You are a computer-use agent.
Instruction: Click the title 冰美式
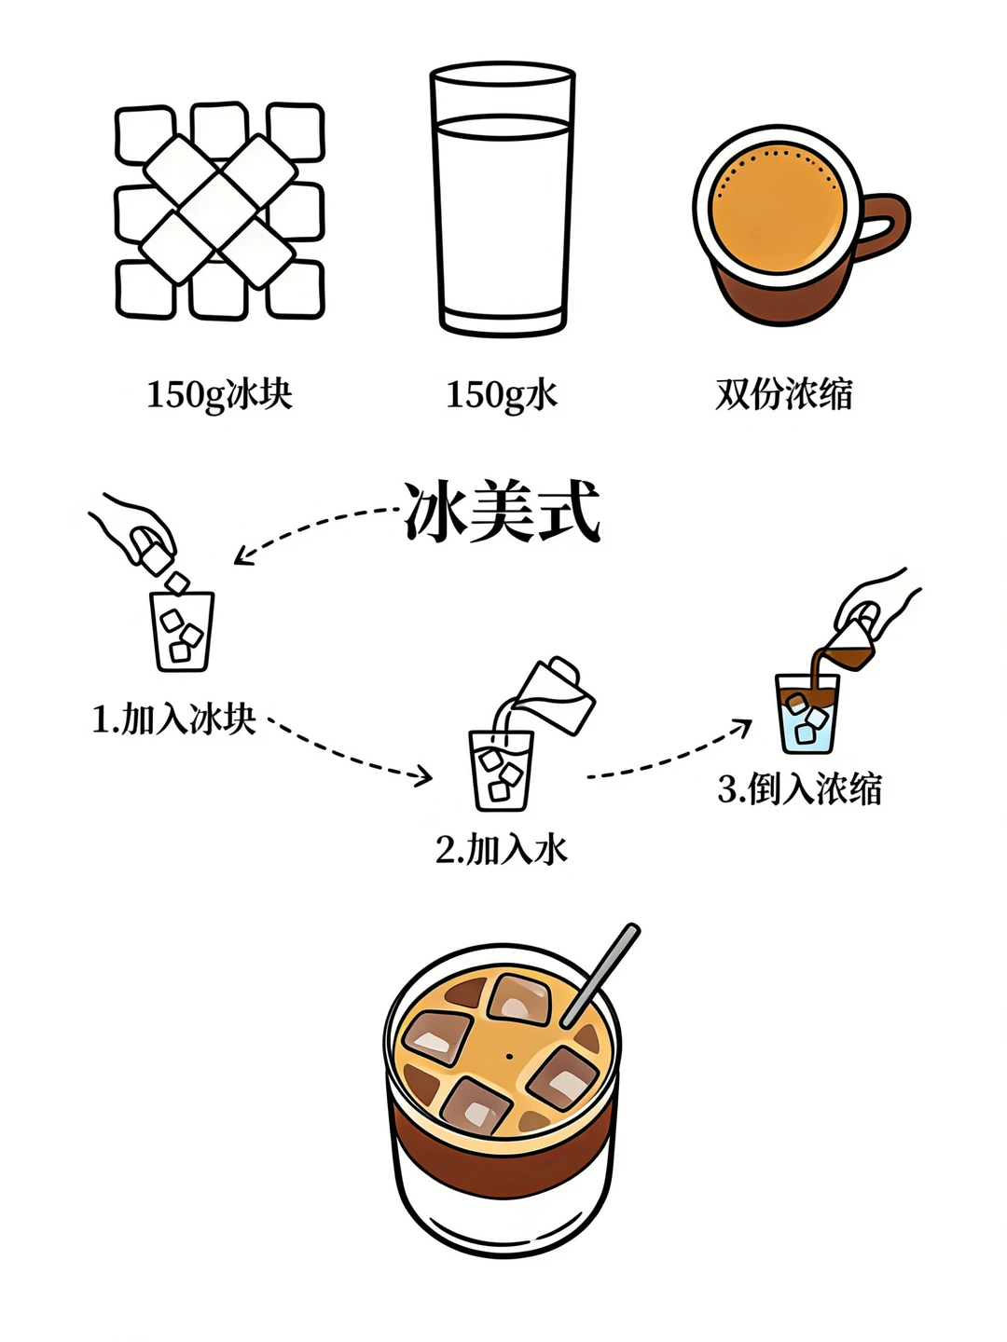pyautogui.click(x=502, y=511)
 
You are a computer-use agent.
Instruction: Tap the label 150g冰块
pyautogui.click(x=219, y=394)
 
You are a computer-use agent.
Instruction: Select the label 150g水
pyautogui.click(x=501, y=394)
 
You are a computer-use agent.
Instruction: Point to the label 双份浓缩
pyautogui.click(x=784, y=394)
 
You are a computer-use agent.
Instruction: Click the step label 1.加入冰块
pyautogui.click(x=173, y=719)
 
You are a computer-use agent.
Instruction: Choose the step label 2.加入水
pyautogui.click(x=501, y=849)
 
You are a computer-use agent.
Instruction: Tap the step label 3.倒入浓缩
pyautogui.click(x=799, y=789)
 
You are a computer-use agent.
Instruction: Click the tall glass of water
pyautogui.click(x=502, y=200)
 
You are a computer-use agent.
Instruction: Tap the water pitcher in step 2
pyautogui.click(x=556, y=694)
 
